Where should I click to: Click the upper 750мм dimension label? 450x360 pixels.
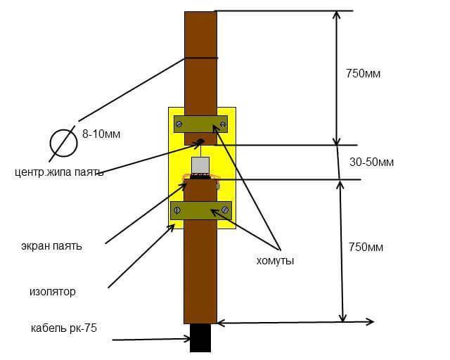pyautogui.click(x=363, y=74)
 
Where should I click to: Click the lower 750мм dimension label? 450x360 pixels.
pyautogui.click(x=366, y=247)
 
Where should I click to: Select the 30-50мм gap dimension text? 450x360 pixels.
pyautogui.click(x=371, y=162)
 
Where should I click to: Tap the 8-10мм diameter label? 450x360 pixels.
pyautogui.click(x=101, y=134)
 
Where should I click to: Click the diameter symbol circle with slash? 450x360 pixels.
pyautogui.click(x=63, y=143)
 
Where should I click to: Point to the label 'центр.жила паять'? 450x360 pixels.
pyautogui.click(x=59, y=172)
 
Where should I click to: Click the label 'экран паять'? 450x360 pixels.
pyautogui.click(x=51, y=246)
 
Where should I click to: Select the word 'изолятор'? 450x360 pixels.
pyautogui.click(x=53, y=292)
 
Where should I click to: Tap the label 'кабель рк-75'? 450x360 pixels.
pyautogui.click(x=64, y=328)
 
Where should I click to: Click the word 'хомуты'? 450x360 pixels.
pyautogui.click(x=275, y=261)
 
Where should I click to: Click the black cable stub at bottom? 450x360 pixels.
pyautogui.click(x=200, y=338)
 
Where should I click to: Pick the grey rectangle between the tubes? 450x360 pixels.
pyautogui.click(x=200, y=165)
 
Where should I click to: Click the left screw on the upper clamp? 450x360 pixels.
pyautogui.click(x=179, y=124)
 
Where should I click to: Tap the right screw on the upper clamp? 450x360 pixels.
pyautogui.click(x=223, y=124)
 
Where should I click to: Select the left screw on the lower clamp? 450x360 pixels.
pyautogui.click(x=176, y=210)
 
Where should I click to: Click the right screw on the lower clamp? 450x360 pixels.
pyautogui.click(x=225, y=210)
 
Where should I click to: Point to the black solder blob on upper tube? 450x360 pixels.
pyautogui.click(x=200, y=141)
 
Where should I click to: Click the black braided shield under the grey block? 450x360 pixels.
pyautogui.click(x=200, y=176)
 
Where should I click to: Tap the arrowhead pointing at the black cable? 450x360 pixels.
pyautogui.click(x=187, y=340)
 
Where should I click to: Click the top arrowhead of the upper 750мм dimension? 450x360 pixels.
pyautogui.click(x=336, y=15)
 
